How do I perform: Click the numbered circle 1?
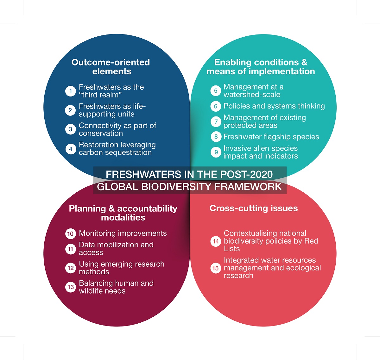coord(70,91)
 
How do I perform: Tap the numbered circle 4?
coord(70,149)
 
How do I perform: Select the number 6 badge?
coord(216,106)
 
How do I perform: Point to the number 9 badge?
coord(216,152)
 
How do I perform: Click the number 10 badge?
coord(70,234)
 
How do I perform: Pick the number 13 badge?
coord(70,287)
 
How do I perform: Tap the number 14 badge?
coord(216,241)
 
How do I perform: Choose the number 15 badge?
coord(216,268)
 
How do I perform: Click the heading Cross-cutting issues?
coord(254,208)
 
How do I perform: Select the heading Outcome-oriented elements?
coord(111,67)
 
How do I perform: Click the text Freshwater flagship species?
coord(271,137)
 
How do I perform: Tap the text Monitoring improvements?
coord(123,233)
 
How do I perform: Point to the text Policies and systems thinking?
coord(274,106)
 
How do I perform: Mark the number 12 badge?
coord(70,268)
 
